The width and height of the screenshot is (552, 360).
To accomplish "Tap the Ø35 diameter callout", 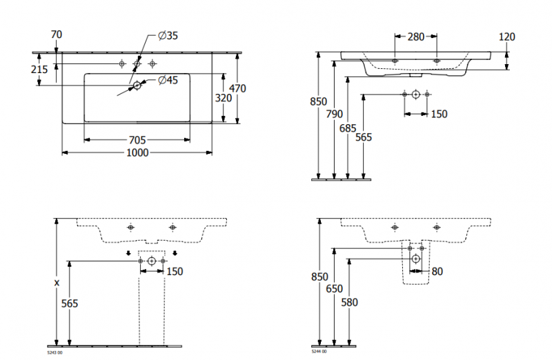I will click(x=168, y=37).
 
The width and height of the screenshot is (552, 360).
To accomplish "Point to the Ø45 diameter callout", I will click(x=168, y=81).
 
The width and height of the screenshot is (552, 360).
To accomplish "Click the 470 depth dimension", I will click(x=238, y=88).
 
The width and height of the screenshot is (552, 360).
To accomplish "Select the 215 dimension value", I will click(x=39, y=69).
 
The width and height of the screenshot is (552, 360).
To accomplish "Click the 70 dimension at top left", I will click(x=57, y=33).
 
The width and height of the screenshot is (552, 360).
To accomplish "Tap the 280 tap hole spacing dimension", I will click(x=415, y=37).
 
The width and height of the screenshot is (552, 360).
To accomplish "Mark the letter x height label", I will click(x=57, y=283).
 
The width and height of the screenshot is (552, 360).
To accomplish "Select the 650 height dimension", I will click(x=335, y=289).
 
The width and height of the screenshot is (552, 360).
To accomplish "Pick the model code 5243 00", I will click(x=55, y=352).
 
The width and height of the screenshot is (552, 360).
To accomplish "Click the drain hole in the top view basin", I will click(x=137, y=85).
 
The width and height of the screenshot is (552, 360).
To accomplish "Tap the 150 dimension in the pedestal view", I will click(x=175, y=271).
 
